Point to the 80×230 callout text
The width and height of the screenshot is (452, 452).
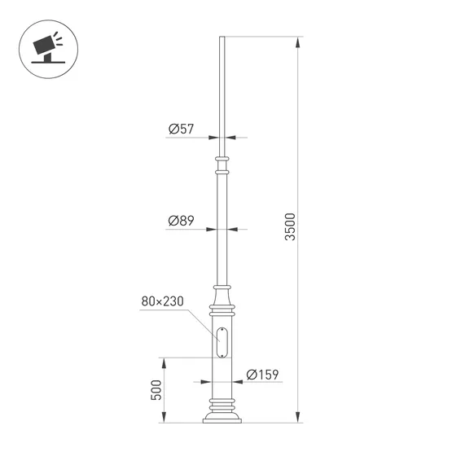coord(162,301)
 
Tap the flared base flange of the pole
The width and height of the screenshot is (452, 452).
coord(221,418)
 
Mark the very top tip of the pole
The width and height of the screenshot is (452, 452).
coord(221,37)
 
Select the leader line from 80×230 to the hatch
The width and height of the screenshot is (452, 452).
coord(200,320)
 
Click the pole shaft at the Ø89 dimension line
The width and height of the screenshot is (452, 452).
coord(221,229)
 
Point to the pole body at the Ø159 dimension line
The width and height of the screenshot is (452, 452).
coord(221,381)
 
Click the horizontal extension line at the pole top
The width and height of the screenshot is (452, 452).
coord(261,37)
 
